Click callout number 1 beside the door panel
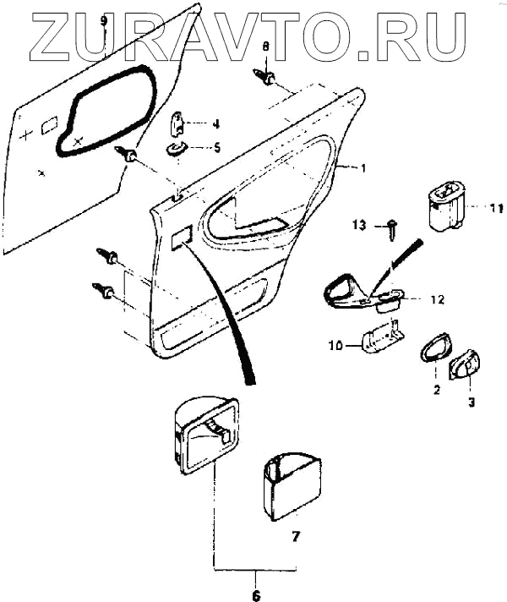[363, 169]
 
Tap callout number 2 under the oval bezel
[437, 391]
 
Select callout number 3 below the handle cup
[472, 403]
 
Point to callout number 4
[216, 123]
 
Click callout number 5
[216, 147]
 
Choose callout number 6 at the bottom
[257, 581]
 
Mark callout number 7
[296, 535]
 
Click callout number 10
[336, 345]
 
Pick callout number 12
[437, 298]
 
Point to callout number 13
[358, 225]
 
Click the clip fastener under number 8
[268, 78]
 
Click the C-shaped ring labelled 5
[177, 150]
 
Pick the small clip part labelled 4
[180, 123]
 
